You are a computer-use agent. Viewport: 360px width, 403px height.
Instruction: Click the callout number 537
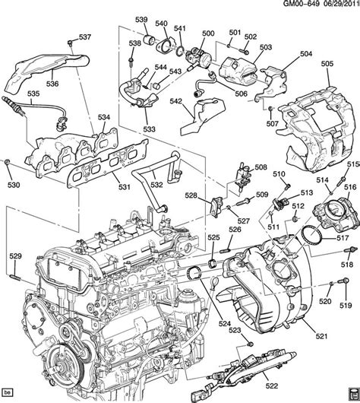point(84,36)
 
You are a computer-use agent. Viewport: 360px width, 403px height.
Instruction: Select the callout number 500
point(207,34)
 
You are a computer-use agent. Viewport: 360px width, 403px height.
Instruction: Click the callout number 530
point(13,185)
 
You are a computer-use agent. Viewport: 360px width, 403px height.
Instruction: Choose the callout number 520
point(326,301)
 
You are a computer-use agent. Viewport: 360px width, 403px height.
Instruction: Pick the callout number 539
point(141,18)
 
